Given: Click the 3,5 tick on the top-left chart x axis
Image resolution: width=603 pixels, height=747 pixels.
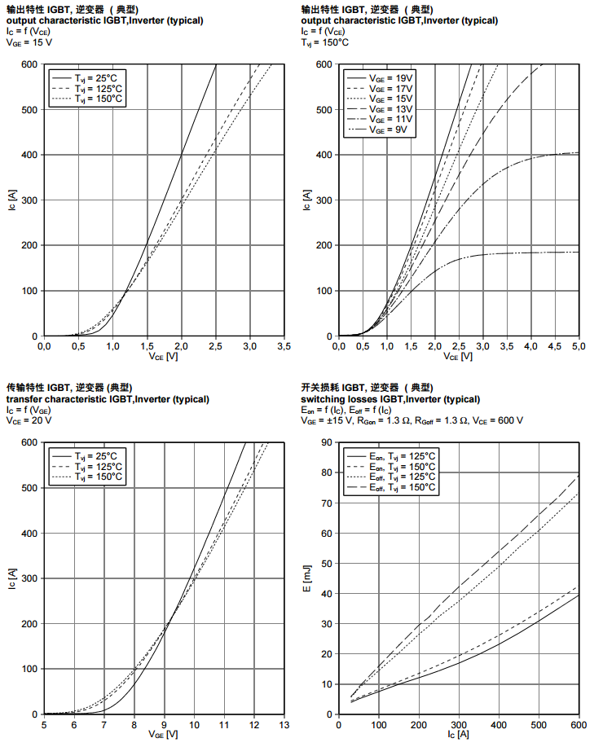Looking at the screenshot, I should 284,346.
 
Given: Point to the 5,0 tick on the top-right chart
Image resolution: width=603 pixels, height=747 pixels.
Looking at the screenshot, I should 578,346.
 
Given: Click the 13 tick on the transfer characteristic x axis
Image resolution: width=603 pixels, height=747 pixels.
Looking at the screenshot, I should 284,724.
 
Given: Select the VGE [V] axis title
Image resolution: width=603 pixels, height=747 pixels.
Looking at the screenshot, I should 163,735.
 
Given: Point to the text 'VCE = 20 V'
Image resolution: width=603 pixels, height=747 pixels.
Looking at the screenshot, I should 29,420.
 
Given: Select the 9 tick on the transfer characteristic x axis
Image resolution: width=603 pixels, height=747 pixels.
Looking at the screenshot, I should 164,724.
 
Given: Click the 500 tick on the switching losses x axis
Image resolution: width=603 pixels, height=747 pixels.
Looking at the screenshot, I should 539,724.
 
